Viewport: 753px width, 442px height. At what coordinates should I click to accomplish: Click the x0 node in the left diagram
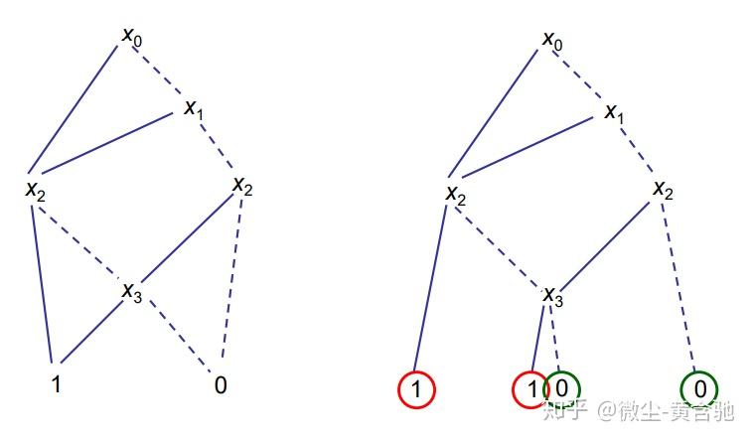pos(131,37)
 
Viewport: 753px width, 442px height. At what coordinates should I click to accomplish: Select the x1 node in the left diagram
pos(194,108)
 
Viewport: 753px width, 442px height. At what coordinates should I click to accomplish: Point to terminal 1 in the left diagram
pos(56,381)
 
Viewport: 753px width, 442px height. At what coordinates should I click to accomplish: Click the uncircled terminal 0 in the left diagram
pos(220,383)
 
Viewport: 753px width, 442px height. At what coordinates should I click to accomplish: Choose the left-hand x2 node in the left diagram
pos(36,189)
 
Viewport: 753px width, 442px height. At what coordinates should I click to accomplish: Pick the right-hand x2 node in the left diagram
pos(242,186)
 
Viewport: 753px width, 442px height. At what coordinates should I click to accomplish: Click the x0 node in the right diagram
pos(552,40)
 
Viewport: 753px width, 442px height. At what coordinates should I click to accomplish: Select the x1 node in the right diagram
pos(614,112)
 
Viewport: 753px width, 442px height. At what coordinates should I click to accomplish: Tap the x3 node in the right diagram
pos(553,295)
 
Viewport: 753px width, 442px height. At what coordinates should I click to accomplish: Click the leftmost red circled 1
pos(416,389)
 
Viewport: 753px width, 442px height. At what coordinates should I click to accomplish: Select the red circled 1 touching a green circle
pos(529,389)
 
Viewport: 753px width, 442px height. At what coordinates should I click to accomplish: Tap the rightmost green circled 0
pos(699,388)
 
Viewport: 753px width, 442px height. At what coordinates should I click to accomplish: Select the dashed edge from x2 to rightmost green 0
pos(681,288)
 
